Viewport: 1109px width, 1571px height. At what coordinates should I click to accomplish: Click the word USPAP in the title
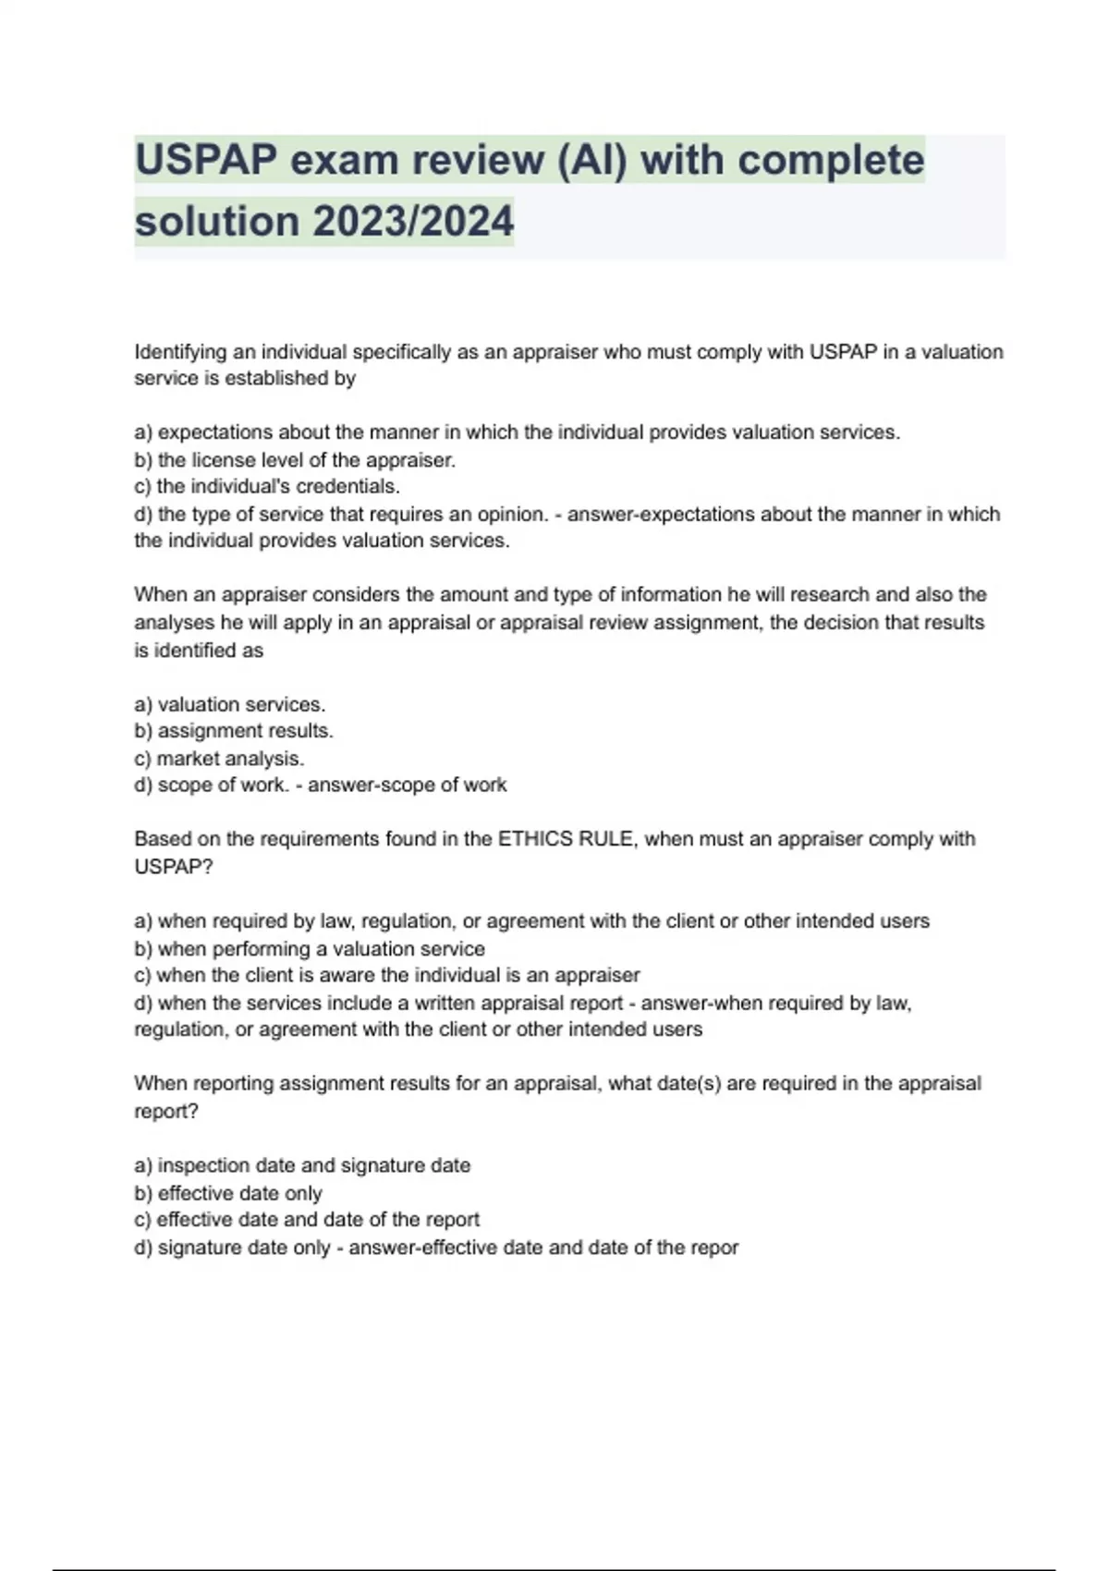[205, 160]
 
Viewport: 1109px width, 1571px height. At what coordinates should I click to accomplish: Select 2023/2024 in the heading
[412, 222]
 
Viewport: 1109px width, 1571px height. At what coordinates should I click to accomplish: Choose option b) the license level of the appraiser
[295, 460]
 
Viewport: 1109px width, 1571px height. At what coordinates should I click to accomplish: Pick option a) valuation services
[229, 704]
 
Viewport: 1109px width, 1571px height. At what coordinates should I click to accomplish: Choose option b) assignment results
[233, 731]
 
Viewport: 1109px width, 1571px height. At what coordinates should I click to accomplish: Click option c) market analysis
[219, 759]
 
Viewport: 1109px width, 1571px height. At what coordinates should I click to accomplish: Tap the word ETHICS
[535, 839]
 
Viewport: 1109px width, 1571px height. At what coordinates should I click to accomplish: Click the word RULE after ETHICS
[606, 839]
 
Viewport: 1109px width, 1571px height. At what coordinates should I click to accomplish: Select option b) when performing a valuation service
[309, 949]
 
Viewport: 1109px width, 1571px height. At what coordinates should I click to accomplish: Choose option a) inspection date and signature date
[302, 1166]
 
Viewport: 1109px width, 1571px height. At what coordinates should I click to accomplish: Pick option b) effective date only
[227, 1194]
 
